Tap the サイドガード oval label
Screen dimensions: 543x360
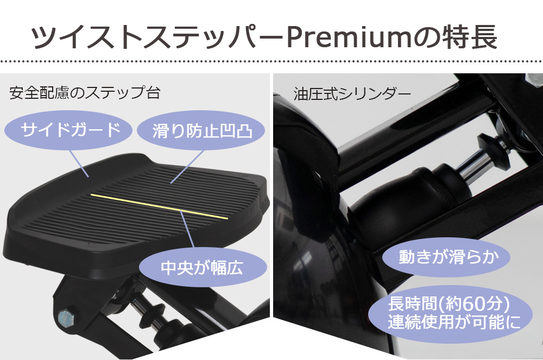pyautogui.click(x=68, y=130)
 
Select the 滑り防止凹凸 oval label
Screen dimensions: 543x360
pyautogui.click(x=201, y=130)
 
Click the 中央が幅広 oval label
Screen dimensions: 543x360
pyautogui.click(x=203, y=267)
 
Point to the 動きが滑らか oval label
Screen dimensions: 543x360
pyautogui.click(x=446, y=257)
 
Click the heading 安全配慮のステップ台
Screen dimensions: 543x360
pyautogui.click(x=85, y=93)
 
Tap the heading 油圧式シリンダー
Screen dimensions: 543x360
pyautogui.click(x=352, y=93)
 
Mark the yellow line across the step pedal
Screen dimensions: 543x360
pyautogui.click(x=159, y=207)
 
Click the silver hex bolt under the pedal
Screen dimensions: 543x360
pyautogui.click(x=66, y=317)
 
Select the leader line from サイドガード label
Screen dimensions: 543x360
pyautogui.click(x=79, y=164)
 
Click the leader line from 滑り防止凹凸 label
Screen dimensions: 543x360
pyautogui.click(x=187, y=167)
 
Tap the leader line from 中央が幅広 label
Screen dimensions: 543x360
pyautogui.click(x=187, y=229)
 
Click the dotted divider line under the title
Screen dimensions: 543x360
pyautogui.click(x=271, y=61)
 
